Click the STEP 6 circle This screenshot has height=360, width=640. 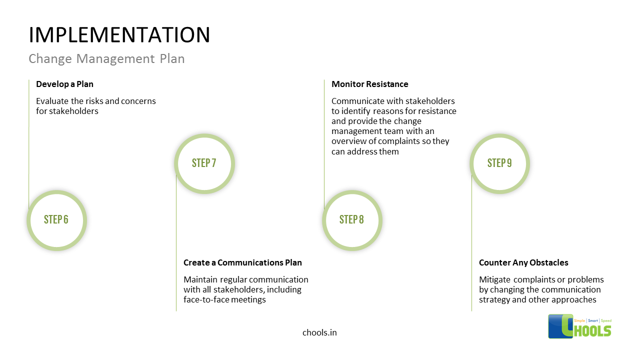(56, 220)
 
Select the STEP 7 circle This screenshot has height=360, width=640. (204, 163)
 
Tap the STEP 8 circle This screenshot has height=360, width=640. (352, 220)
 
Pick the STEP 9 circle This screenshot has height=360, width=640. (499, 163)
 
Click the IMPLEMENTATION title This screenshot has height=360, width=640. (119, 35)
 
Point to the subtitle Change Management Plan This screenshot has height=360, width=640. (106, 59)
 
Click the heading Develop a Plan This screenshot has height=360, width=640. (64, 84)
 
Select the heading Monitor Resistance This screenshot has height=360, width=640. (370, 84)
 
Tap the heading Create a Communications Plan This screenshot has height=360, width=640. (242, 262)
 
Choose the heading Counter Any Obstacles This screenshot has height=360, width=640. (523, 262)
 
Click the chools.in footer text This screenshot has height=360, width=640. (319, 332)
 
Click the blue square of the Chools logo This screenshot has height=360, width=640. (559, 326)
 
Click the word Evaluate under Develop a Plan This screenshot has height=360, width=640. (52, 101)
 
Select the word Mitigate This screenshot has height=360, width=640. (495, 279)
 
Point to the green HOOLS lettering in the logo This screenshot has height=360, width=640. (592, 330)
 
